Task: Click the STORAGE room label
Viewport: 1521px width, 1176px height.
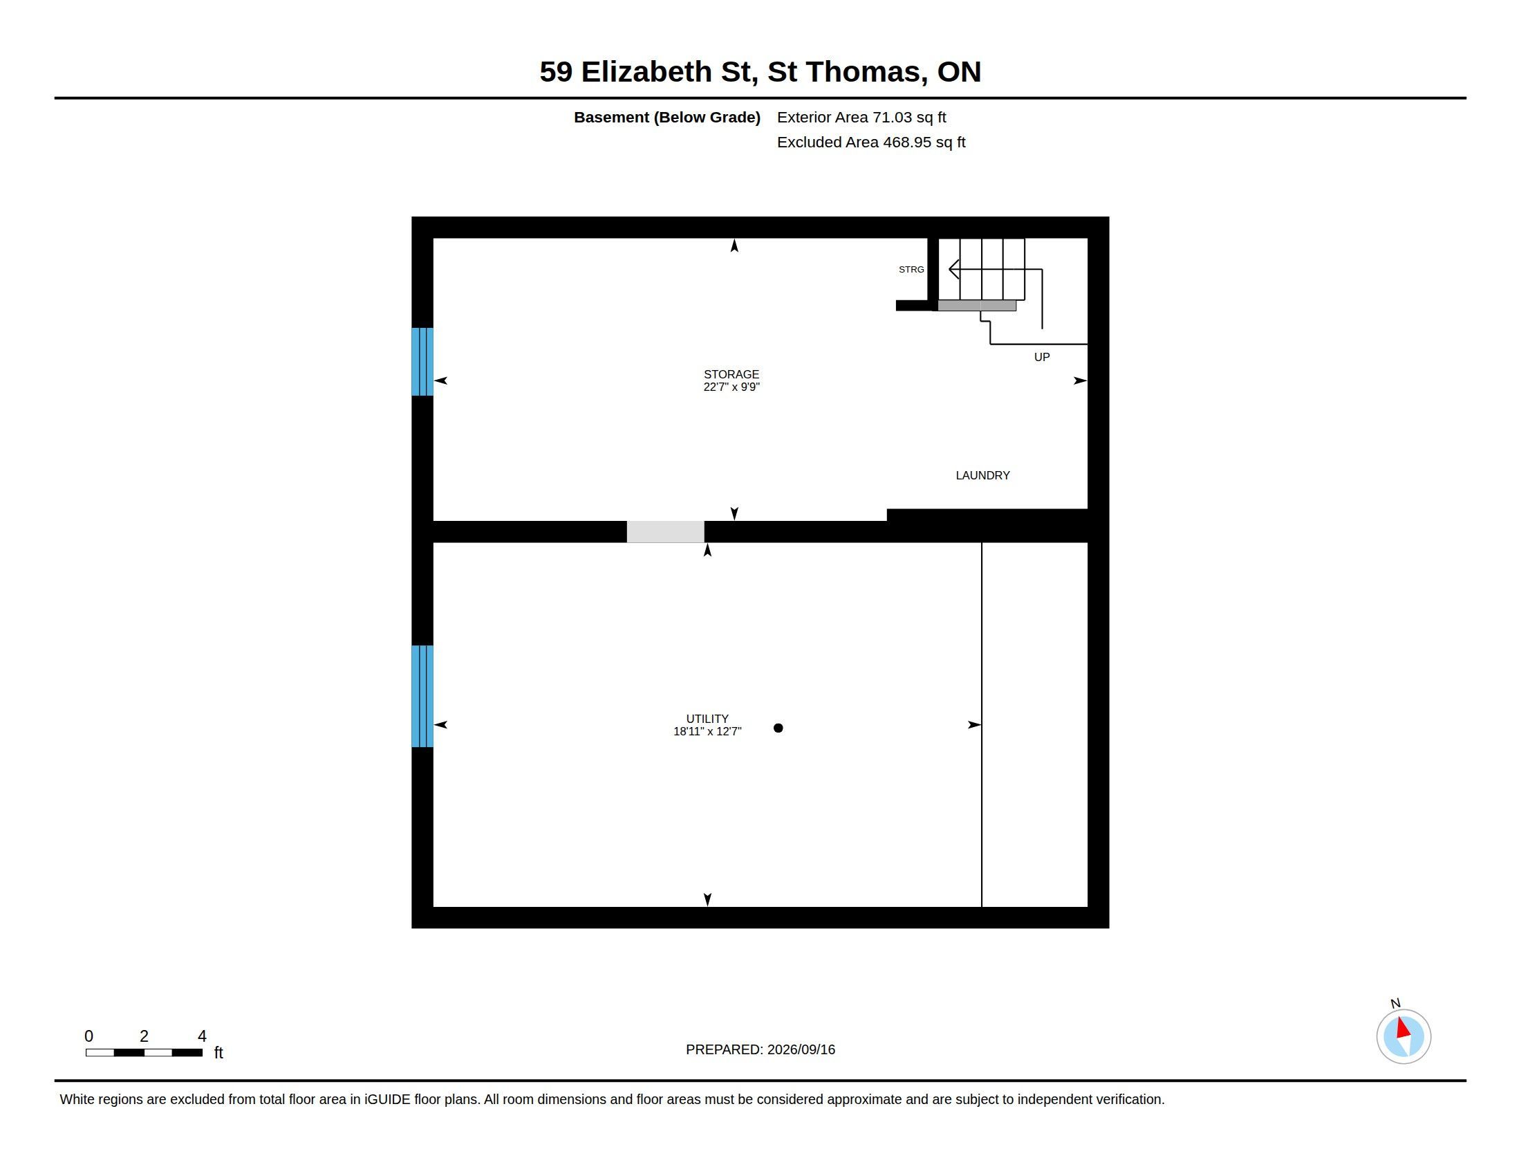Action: pyautogui.click(x=731, y=374)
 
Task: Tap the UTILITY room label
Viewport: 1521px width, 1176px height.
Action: pyautogui.click(x=707, y=719)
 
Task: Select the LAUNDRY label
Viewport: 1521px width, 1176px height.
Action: pyautogui.click(x=982, y=475)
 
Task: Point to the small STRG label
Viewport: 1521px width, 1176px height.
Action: pyautogui.click(x=911, y=270)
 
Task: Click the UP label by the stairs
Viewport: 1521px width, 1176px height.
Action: pyautogui.click(x=1042, y=357)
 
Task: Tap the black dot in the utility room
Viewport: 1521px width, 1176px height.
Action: pyautogui.click(x=778, y=728)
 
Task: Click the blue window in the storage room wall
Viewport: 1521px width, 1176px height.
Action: pyautogui.click(x=422, y=362)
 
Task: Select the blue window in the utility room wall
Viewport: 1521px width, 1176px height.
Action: pyautogui.click(x=422, y=696)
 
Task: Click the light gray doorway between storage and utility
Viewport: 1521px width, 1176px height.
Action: pyautogui.click(x=666, y=531)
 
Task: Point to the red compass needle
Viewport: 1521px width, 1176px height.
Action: pyautogui.click(x=1403, y=1028)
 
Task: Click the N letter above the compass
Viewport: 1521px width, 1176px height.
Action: pyautogui.click(x=1395, y=1003)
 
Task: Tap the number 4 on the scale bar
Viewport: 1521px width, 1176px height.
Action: pyautogui.click(x=202, y=1036)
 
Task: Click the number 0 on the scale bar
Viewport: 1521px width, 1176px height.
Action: pyautogui.click(x=88, y=1036)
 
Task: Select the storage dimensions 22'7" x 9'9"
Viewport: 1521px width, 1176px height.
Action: pyautogui.click(x=731, y=387)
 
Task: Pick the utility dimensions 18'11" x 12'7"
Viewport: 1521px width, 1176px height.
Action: pyautogui.click(x=707, y=731)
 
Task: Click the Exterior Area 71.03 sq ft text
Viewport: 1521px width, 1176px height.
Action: pyautogui.click(x=861, y=118)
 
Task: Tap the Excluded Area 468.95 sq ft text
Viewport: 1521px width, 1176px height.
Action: pyautogui.click(x=871, y=142)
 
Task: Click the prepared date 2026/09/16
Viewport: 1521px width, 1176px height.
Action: pyautogui.click(x=801, y=1049)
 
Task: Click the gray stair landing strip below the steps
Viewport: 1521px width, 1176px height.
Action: pyautogui.click(x=977, y=305)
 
